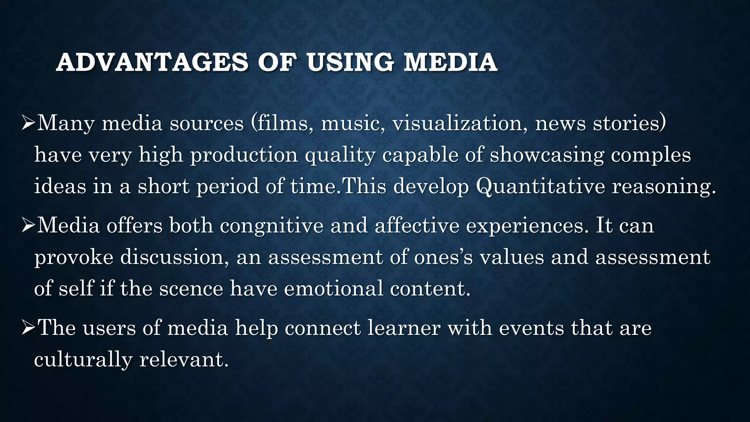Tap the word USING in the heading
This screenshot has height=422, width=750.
[351, 62]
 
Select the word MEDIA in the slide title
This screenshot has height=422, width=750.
[450, 62]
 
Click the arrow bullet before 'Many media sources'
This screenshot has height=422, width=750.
[28, 123]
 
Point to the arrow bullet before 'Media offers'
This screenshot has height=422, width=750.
[28, 225]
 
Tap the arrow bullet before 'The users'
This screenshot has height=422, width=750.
[28, 327]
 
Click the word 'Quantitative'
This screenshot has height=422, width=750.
[541, 186]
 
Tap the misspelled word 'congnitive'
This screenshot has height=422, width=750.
[272, 225]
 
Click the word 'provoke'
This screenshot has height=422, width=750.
[74, 258]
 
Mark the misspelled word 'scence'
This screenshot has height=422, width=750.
[191, 289]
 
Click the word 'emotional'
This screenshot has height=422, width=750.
[333, 289]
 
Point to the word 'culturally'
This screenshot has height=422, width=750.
[83, 360]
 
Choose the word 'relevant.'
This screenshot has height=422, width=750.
[184, 360]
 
